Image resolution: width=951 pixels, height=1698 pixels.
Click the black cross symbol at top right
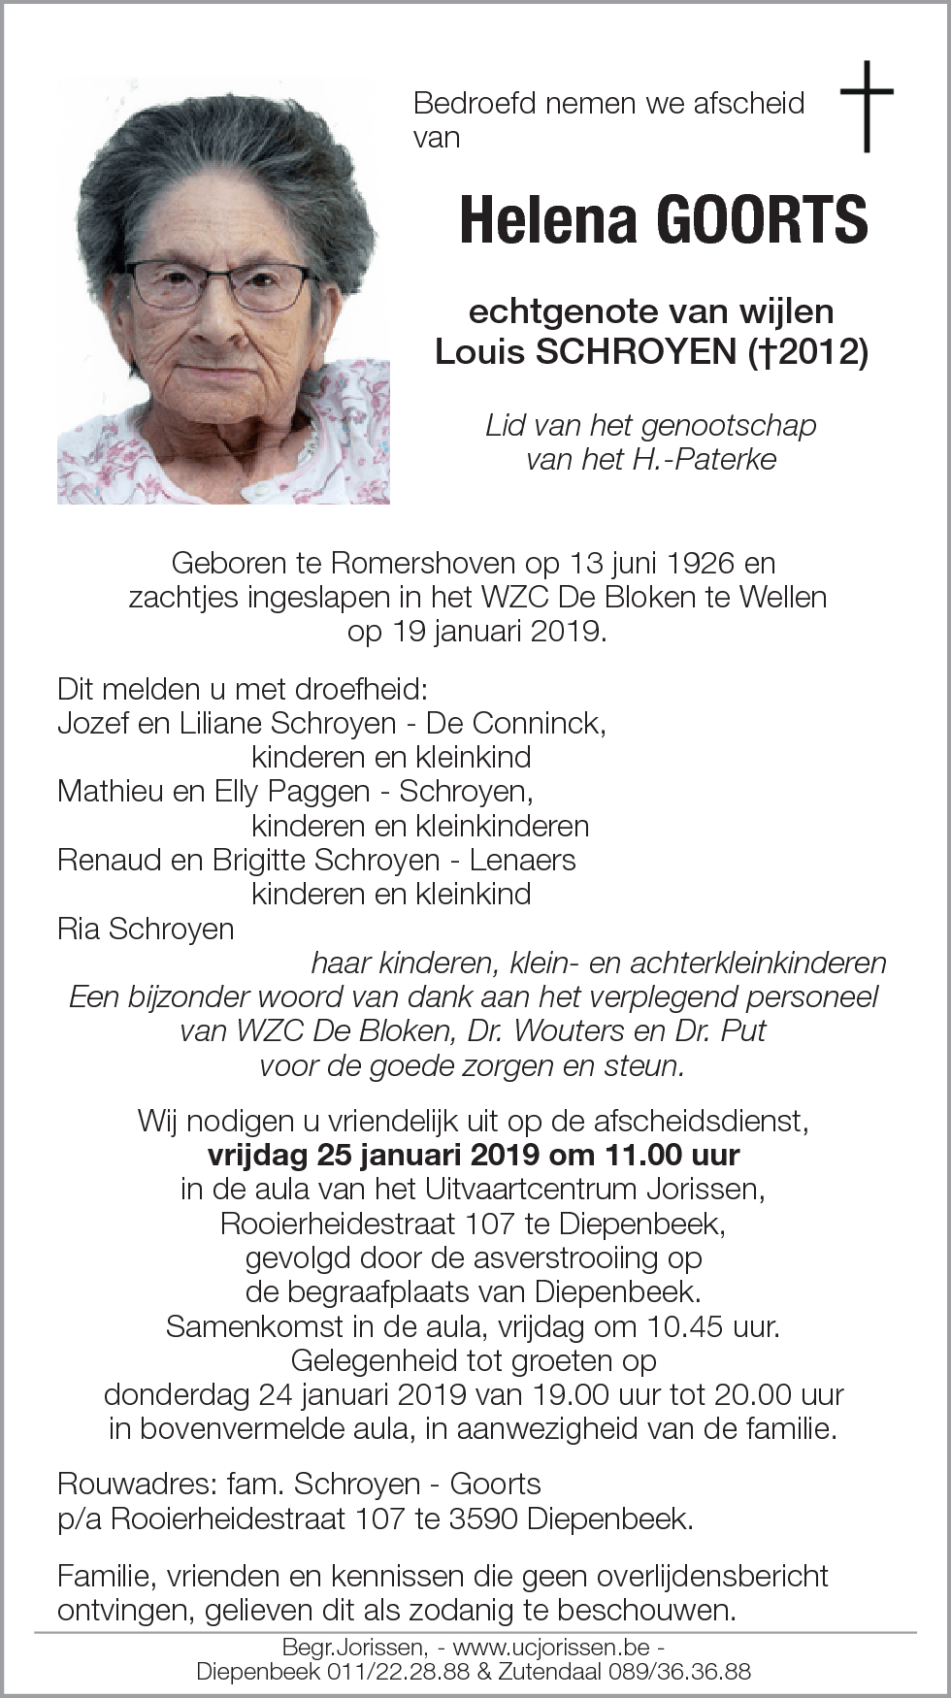coord(867,106)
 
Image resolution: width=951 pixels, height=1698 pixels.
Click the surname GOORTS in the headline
coord(763,220)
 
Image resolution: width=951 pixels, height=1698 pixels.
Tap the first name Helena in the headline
coord(547,220)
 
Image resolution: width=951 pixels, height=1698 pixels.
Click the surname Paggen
coord(318,792)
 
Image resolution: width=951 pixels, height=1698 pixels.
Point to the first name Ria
coord(79,929)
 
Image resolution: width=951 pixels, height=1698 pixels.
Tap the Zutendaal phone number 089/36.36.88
coord(679,1672)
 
